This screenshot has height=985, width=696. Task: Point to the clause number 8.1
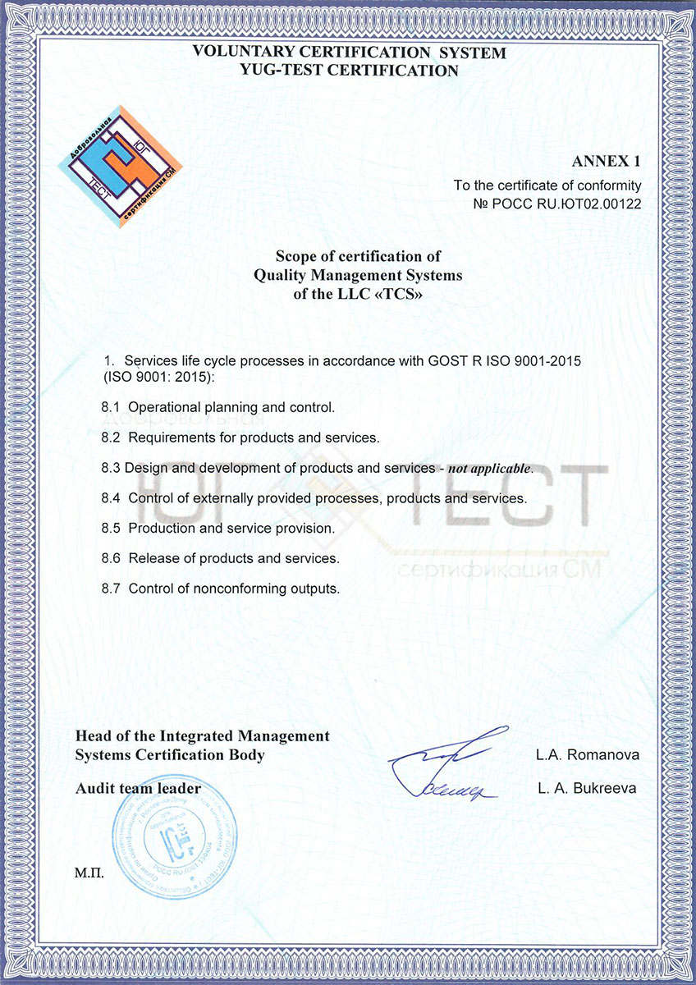coord(112,407)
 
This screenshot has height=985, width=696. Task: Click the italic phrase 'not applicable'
coord(490,469)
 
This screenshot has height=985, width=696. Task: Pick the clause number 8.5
coord(112,529)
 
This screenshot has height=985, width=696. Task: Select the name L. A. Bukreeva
coord(587,789)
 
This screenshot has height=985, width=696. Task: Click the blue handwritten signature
coord(447,764)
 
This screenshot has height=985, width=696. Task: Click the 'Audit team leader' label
coord(138,789)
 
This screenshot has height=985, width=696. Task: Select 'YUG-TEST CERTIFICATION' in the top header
coord(349,71)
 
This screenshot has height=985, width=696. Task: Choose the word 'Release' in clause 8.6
coord(151,558)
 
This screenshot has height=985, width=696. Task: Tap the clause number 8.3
coord(112,468)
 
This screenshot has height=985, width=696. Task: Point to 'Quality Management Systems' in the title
coord(358,275)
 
